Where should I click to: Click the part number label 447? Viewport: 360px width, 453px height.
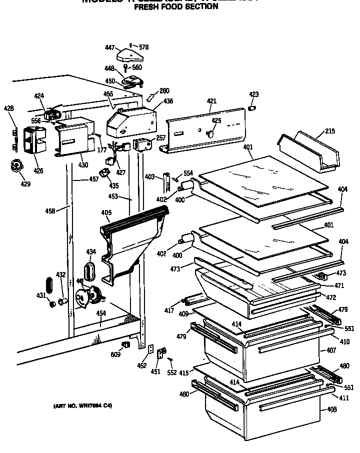point(110,47)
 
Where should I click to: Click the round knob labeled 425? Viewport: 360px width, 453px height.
point(210,133)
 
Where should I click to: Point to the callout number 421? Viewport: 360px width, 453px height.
point(211,101)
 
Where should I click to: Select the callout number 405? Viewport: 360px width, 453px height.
point(106,212)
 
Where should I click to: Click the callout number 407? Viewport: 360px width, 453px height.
point(331,350)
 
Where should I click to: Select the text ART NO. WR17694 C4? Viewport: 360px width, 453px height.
point(82,405)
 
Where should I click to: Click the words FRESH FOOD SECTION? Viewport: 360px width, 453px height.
point(171,6)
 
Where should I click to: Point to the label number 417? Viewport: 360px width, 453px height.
point(169,311)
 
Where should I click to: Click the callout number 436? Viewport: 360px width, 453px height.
point(167,101)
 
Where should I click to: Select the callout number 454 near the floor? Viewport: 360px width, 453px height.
point(101,313)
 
